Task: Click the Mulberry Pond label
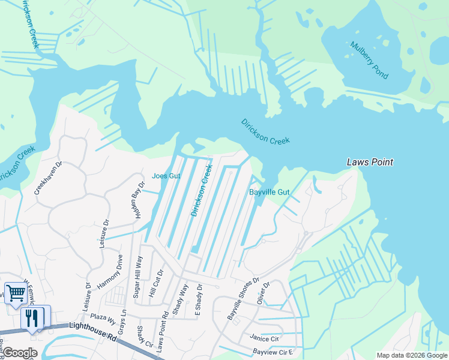coord(370,61)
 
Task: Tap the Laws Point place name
coord(370,162)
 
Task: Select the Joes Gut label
coord(166,176)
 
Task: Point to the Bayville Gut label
coord(270,193)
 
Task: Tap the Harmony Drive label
coord(110,271)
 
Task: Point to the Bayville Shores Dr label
coord(243,298)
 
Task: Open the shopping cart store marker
coord(16,293)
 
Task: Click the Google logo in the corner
coord(20,353)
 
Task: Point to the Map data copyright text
coord(412,355)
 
